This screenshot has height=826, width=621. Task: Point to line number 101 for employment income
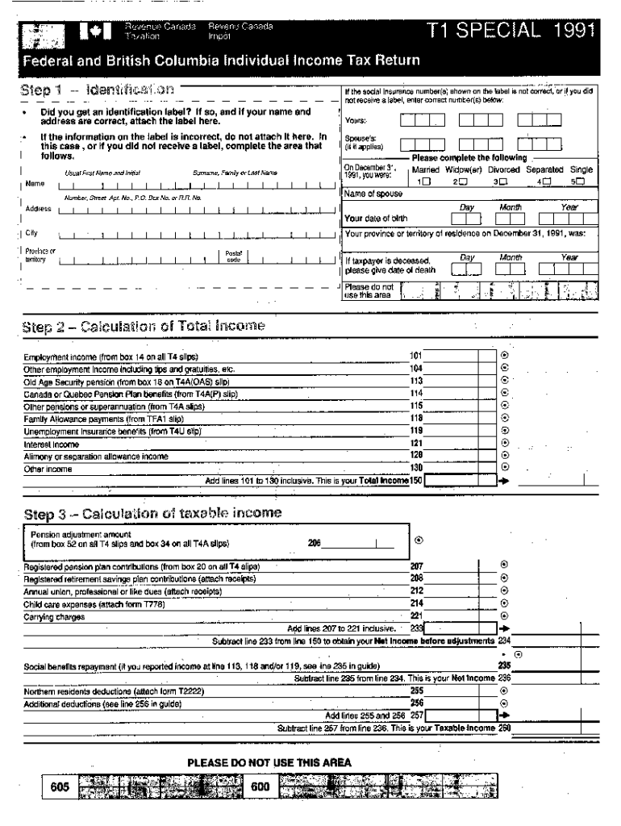click(x=416, y=356)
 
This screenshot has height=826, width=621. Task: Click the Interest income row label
click(x=52, y=444)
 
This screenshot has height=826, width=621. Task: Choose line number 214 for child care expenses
click(x=416, y=603)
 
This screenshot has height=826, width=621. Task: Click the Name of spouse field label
click(x=373, y=194)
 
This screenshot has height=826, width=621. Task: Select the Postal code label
click(x=233, y=256)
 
